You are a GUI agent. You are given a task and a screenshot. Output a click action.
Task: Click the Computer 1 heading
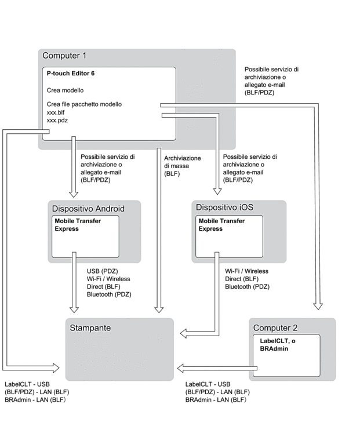click(x=64, y=56)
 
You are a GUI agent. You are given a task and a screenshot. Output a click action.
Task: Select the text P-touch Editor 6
click(x=71, y=74)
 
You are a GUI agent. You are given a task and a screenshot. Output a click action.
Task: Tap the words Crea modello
click(x=65, y=90)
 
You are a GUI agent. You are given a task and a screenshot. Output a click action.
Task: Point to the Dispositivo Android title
click(x=88, y=208)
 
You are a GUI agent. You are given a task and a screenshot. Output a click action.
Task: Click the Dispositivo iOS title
click(x=224, y=207)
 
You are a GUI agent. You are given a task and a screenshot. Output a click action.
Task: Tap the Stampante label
click(x=90, y=328)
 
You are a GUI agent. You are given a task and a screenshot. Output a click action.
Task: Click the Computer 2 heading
click(x=275, y=328)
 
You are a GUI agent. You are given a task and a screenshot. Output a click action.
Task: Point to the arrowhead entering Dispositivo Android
click(x=73, y=193)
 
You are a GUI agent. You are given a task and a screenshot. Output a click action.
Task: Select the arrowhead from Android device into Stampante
click(x=73, y=308)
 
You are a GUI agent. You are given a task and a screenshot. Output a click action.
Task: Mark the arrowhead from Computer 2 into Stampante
click(x=181, y=367)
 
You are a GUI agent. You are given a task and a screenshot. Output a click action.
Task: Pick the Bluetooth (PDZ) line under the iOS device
click(x=247, y=286)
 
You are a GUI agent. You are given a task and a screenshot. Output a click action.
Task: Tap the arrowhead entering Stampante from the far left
click(x=56, y=366)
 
